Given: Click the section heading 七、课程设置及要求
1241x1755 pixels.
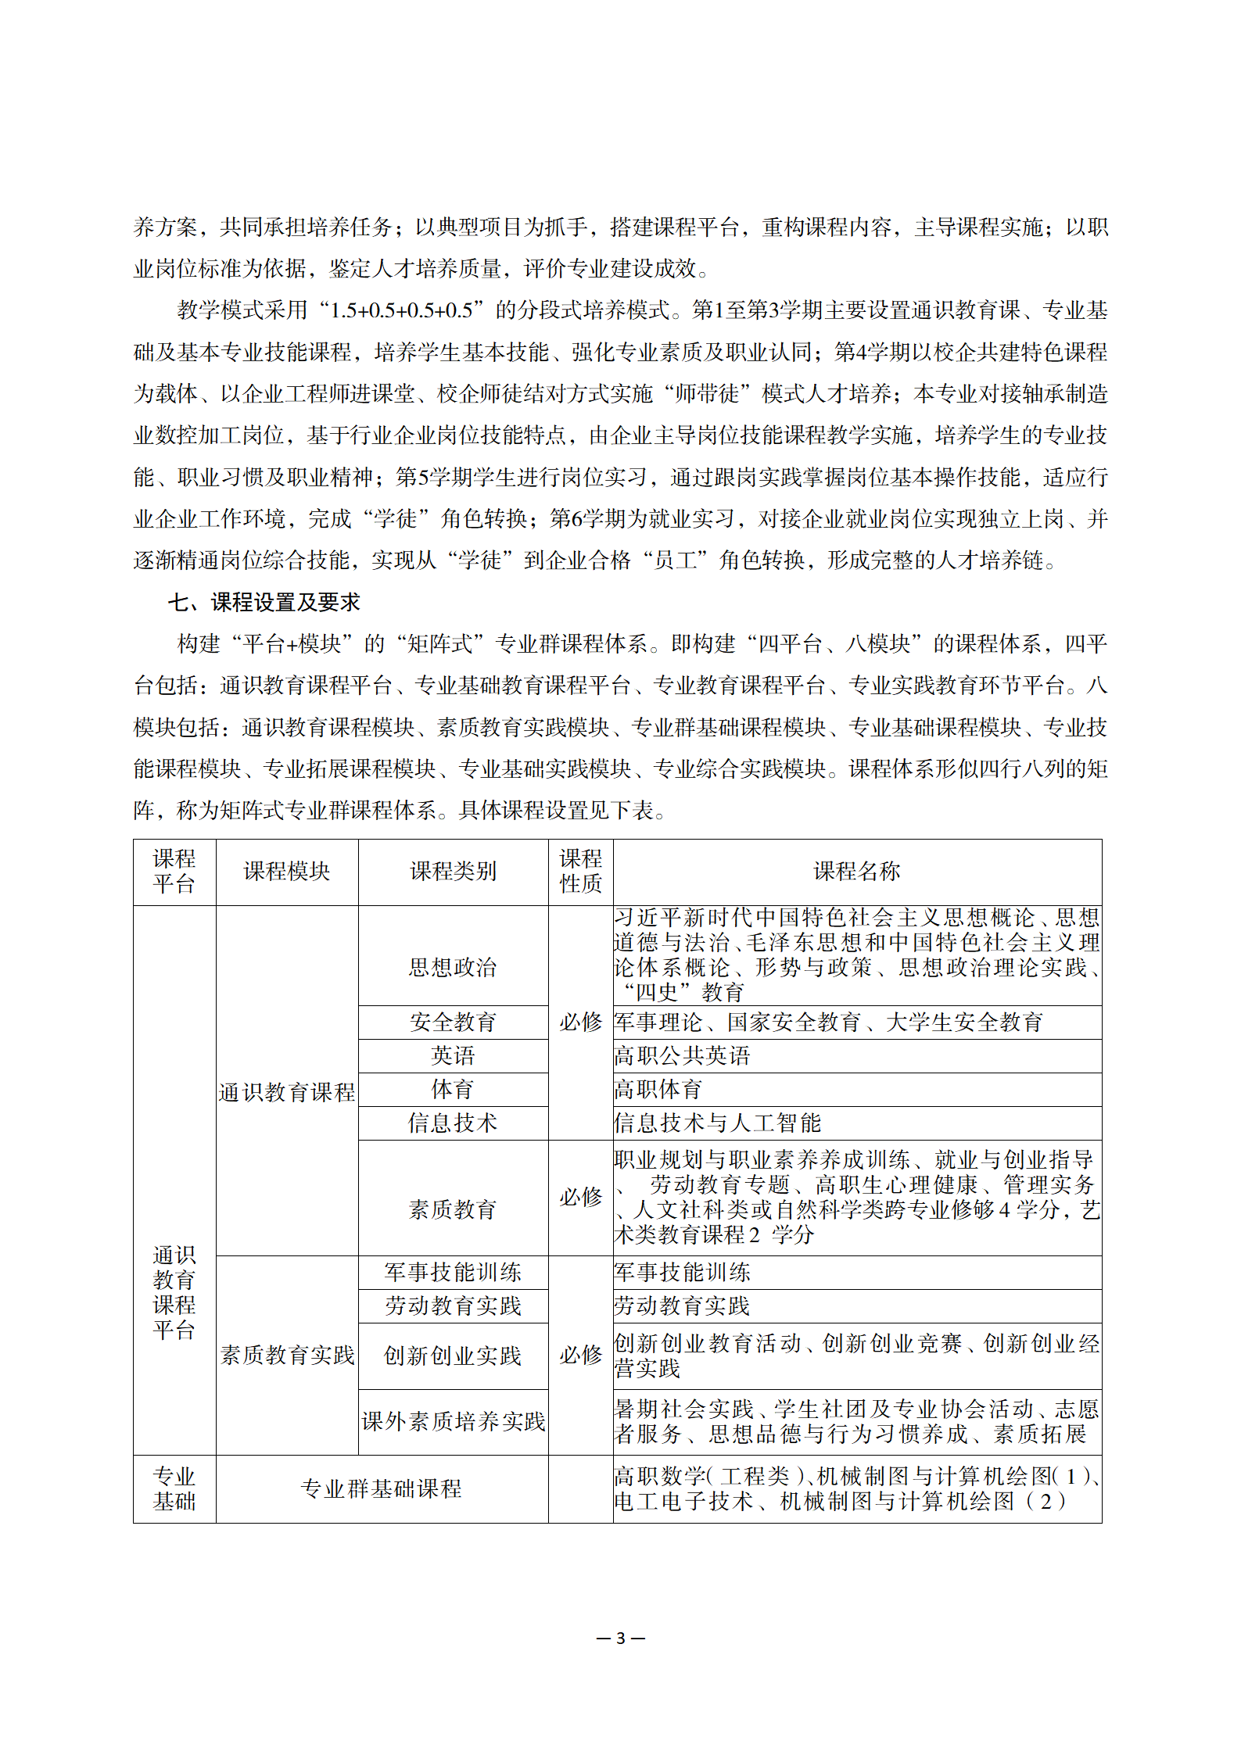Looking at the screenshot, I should (x=264, y=602).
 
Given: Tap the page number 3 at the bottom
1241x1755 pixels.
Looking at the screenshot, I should (x=621, y=1638).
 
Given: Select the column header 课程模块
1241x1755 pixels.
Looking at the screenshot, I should (x=287, y=872).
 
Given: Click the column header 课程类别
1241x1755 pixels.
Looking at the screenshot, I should (x=453, y=872).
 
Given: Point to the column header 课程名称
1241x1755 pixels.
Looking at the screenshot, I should (x=856, y=872).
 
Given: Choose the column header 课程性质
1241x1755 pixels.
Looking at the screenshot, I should (x=580, y=872).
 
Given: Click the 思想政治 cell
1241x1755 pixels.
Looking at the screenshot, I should (x=453, y=968).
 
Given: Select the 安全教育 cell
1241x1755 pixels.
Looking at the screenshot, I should (x=453, y=1022).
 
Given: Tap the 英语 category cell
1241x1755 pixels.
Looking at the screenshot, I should (x=453, y=1056).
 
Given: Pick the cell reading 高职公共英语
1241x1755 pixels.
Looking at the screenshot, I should (x=682, y=1056).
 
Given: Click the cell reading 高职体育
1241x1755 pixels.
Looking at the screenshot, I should (x=658, y=1090).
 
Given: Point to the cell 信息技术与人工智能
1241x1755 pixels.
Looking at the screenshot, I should (x=717, y=1123).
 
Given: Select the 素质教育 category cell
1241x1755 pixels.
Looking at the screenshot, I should (x=453, y=1210).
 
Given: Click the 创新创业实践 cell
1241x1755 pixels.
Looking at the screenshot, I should (x=453, y=1356).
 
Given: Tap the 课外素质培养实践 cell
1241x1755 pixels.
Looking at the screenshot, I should (x=453, y=1421).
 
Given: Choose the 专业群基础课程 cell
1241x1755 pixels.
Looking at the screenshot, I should (x=382, y=1488).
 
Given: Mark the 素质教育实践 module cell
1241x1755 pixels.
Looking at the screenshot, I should (x=287, y=1355).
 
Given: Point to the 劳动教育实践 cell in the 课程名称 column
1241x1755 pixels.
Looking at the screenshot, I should (x=682, y=1306).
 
